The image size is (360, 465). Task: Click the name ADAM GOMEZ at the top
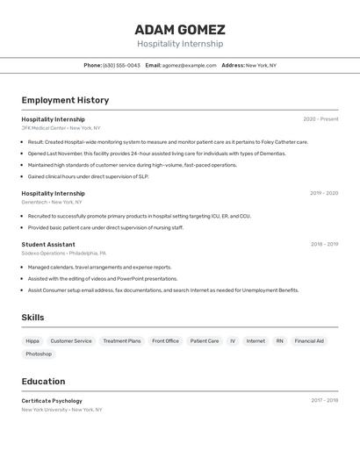tap(180, 29)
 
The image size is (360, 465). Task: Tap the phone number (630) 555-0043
tap(121, 65)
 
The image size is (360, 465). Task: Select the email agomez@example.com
tap(189, 65)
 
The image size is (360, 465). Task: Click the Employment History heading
tap(65, 100)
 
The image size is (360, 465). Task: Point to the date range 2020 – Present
tap(320, 119)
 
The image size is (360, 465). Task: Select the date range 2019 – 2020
tap(323, 193)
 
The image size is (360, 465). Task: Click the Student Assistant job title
tap(48, 244)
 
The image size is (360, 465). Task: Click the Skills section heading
tap(32, 318)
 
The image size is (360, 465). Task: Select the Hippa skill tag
tap(32, 341)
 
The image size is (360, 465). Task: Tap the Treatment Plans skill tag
tap(121, 341)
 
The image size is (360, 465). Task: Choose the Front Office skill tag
tap(165, 341)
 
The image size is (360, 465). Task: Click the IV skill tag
tap(233, 341)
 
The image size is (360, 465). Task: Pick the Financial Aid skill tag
tap(309, 341)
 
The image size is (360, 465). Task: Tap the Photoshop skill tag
tap(39, 354)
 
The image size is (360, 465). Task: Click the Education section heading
tap(43, 382)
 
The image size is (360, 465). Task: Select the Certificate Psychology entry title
tap(52, 401)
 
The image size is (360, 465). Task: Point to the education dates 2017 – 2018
tap(324, 401)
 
